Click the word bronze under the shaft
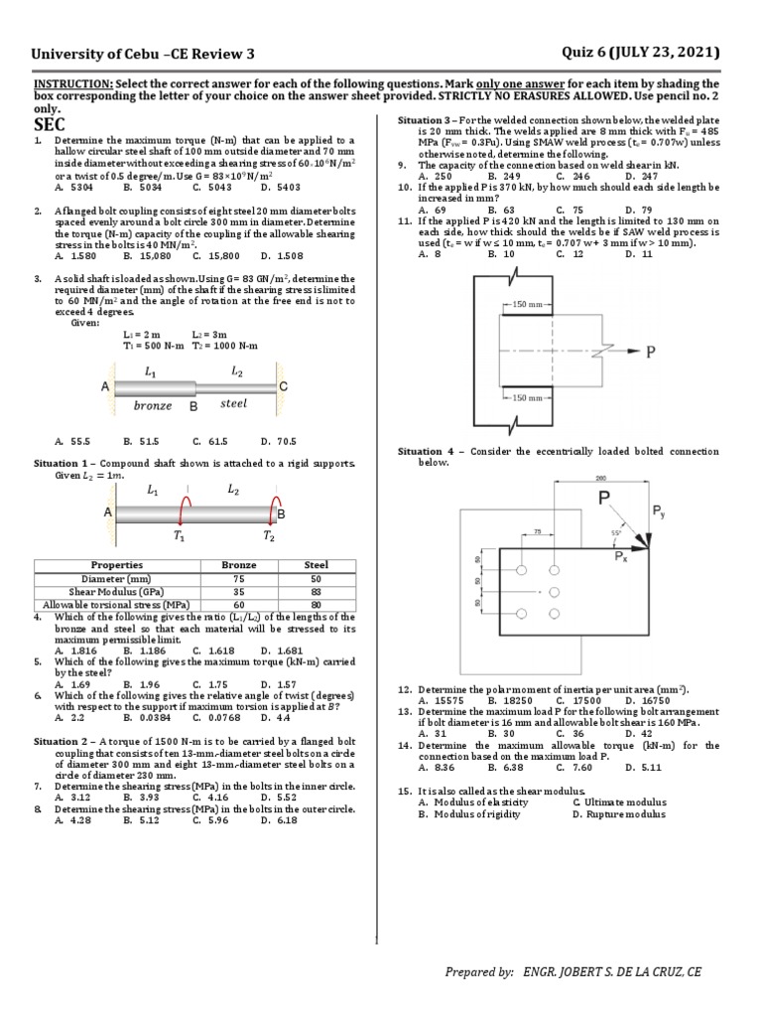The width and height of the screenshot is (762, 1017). tap(152, 405)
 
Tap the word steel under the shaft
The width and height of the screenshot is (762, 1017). tap(233, 403)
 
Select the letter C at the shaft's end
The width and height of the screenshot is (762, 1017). tap(284, 385)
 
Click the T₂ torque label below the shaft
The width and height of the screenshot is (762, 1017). tap(270, 537)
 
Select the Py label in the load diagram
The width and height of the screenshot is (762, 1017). tap(660, 510)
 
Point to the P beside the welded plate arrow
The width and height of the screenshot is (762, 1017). tap(652, 352)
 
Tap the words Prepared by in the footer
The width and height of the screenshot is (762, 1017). tap(479, 973)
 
